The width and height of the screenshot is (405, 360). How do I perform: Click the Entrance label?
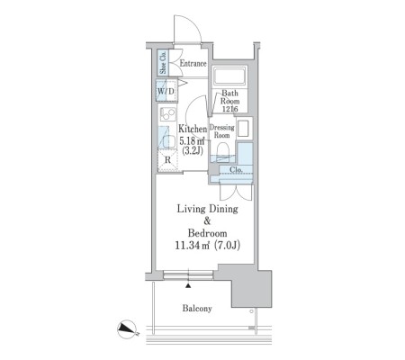click(193, 63)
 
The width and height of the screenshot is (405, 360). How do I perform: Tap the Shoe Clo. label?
click(163, 62)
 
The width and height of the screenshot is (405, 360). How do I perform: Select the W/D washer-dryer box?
click(166, 91)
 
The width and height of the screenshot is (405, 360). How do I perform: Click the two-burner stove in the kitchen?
click(167, 114)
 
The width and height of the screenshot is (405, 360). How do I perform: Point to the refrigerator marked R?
click(167, 160)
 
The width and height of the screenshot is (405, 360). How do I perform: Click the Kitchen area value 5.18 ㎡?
click(192, 140)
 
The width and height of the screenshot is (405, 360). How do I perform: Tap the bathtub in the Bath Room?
click(229, 75)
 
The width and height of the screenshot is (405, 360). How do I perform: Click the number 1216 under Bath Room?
click(230, 109)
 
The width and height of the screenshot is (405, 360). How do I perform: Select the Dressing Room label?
click(221, 131)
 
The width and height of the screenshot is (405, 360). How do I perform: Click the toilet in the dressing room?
click(222, 151)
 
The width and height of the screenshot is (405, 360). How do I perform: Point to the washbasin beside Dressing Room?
click(243, 128)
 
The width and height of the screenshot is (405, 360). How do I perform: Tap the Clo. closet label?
click(236, 170)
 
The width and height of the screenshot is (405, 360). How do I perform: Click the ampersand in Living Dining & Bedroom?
click(207, 221)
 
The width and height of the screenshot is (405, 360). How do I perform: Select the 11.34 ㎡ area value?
click(192, 246)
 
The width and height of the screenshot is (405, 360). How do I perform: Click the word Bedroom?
click(207, 233)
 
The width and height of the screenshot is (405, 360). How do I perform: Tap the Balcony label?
click(197, 308)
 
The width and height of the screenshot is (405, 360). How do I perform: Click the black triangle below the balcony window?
click(188, 285)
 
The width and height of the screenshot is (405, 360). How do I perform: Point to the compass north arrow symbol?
click(127, 329)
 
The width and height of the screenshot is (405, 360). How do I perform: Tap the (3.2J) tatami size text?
click(193, 150)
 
